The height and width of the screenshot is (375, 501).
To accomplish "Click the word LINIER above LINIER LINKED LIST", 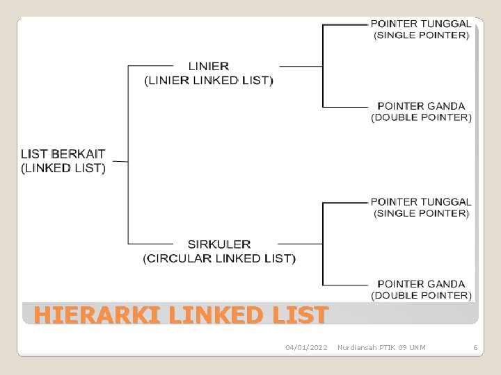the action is [x=209, y=67].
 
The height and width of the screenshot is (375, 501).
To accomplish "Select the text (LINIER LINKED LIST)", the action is [x=209, y=80].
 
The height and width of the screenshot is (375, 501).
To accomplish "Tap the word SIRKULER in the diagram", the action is [x=219, y=244].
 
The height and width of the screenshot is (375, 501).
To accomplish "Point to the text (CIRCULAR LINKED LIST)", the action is [x=219, y=258].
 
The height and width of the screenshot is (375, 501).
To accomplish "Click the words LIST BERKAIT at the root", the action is [x=63, y=154].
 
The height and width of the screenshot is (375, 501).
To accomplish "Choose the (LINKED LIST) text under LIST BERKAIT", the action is [x=63, y=167].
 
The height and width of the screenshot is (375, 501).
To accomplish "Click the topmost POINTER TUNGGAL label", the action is [x=421, y=23].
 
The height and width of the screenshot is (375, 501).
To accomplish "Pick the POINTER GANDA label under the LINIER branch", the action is [x=421, y=106].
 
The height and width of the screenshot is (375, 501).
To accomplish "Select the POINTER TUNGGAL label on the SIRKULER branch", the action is [x=421, y=202].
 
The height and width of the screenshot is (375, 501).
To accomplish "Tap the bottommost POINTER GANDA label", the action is [x=421, y=284].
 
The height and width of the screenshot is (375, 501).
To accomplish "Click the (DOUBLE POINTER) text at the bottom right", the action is [x=421, y=296].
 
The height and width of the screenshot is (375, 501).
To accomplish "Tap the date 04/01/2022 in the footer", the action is [x=306, y=347].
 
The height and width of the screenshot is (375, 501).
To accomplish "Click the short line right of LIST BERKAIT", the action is [x=120, y=161].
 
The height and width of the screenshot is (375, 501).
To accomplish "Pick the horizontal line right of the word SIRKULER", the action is [x=299, y=244].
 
